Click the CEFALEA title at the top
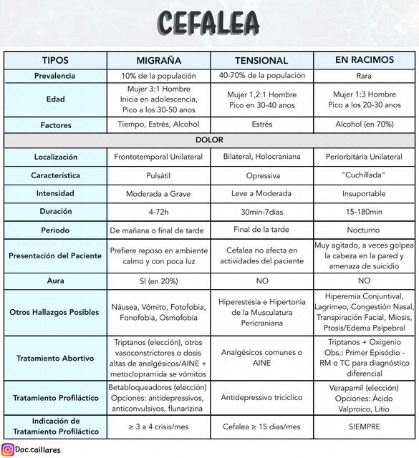coord(209,23)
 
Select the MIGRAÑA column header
coord(158,61)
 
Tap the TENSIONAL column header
coord(261,61)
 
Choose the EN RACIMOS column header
coord(364,60)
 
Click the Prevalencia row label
coord(55,76)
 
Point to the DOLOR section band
coord(209,140)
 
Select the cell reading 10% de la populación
coord(158,76)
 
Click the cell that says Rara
coord(364,76)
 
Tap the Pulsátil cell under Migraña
coord(158,175)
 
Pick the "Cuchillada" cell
coord(364,175)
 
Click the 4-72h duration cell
coord(158,212)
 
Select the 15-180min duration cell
coord(364,212)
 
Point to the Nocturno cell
coord(364,230)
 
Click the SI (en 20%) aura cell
coord(158,281)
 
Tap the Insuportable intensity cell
coord(364,194)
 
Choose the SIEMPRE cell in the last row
coord(364,427)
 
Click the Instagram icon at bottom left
coord(8,450)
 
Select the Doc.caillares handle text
coord(42,450)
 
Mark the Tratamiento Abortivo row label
coord(55,359)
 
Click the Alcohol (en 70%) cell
coord(364,125)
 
